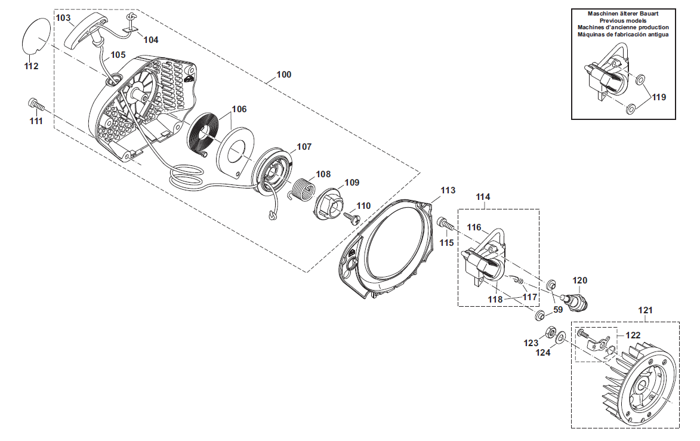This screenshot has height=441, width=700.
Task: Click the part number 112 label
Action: pyautogui.click(x=31, y=66)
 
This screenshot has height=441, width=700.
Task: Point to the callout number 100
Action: pyautogui.click(x=284, y=75)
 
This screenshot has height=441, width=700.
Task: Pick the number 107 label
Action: pyautogui.click(x=304, y=147)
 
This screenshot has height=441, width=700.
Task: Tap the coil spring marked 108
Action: pyautogui.click(x=302, y=189)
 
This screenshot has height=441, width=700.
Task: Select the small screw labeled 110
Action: pyautogui.click(x=351, y=217)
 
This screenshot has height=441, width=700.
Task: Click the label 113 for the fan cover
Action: pyautogui.click(x=448, y=190)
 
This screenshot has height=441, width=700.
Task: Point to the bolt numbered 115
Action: pyautogui.click(x=446, y=223)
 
